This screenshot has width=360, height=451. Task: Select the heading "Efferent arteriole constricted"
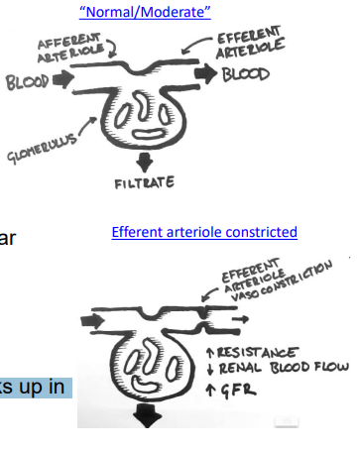click(204, 232)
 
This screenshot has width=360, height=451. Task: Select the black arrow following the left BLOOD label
click(60, 79)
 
